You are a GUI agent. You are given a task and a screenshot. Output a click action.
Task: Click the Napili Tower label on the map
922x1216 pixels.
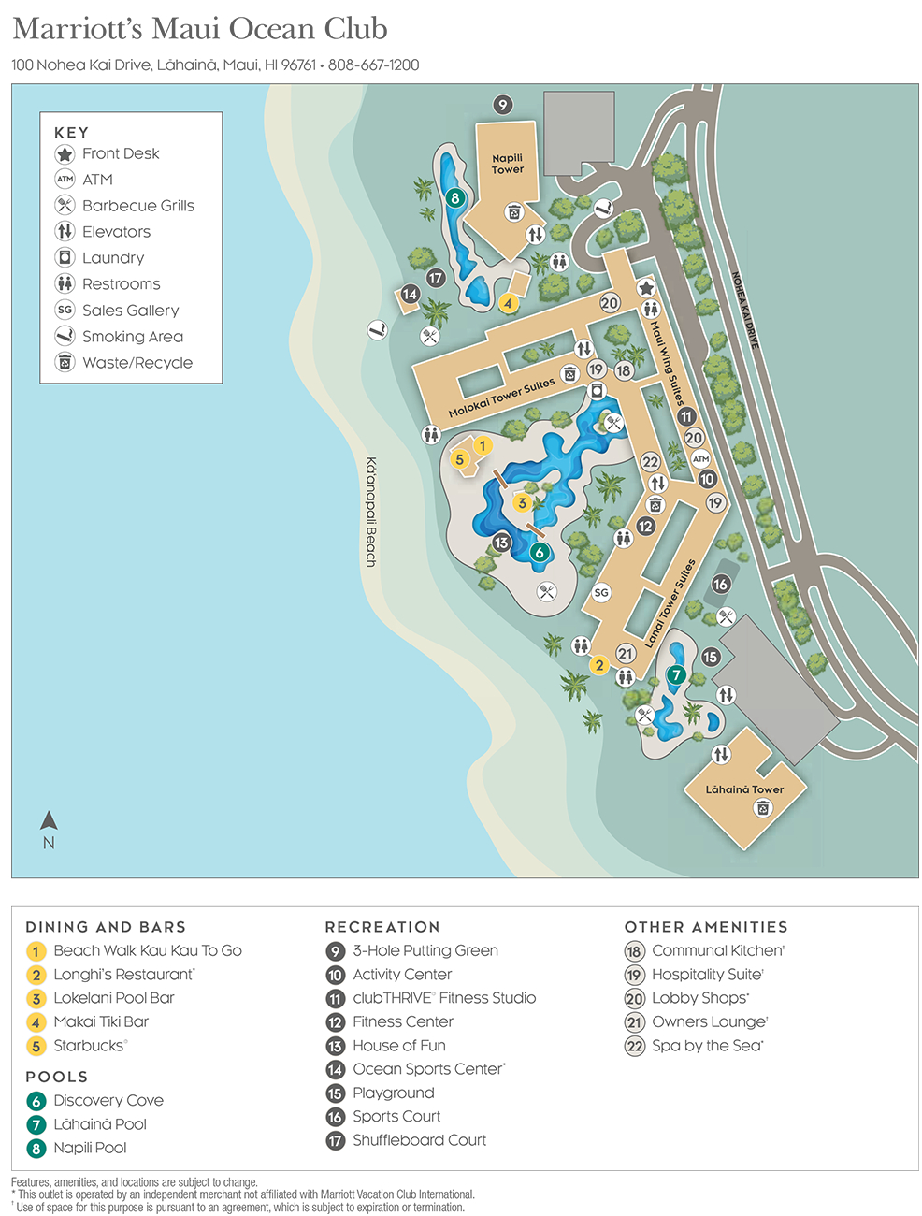507,164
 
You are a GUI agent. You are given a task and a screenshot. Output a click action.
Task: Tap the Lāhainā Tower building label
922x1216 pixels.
744,789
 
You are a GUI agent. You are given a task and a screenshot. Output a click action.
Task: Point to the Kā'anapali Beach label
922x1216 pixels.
371,512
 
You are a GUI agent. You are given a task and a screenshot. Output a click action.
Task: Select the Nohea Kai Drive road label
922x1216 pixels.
745,311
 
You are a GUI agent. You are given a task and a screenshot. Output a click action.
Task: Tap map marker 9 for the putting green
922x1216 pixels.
503,105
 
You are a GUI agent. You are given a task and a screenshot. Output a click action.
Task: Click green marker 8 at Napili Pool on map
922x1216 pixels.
454,197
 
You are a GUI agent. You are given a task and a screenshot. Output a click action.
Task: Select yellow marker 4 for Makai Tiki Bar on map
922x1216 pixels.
508,303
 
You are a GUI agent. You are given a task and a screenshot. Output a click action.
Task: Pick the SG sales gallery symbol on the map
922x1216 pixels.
601,592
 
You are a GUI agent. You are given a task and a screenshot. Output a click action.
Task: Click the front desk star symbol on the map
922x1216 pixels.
645,288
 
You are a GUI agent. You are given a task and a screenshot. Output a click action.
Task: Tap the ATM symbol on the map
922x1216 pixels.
700,458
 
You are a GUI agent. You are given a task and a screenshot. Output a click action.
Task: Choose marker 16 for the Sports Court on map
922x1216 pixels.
720,584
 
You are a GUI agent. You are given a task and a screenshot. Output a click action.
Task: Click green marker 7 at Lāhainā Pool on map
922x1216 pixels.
676,674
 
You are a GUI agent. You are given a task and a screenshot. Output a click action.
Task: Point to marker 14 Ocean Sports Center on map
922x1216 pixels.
410,294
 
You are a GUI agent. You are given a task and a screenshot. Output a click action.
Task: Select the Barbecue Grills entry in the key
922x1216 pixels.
137,206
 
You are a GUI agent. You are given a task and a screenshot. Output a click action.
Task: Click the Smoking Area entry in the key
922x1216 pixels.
132,337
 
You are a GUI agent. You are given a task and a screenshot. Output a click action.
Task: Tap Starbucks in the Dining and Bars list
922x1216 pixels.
88,1046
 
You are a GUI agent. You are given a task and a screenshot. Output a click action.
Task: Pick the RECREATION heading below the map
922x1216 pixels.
382,927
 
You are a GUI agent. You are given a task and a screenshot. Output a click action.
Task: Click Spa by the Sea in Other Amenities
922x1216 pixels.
707,1046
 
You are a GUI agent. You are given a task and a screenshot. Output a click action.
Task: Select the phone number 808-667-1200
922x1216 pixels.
373,65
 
